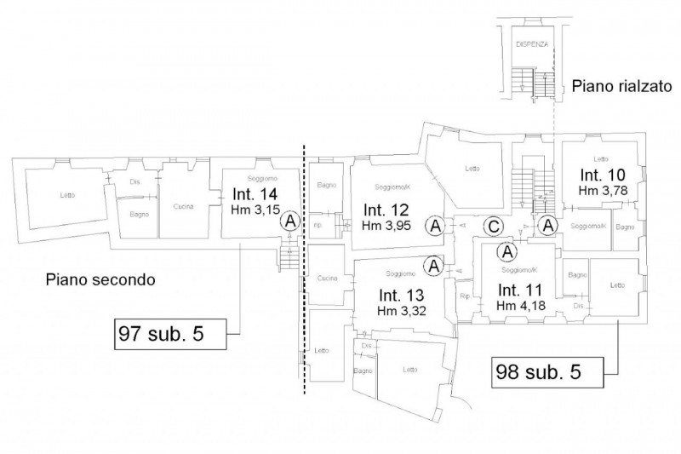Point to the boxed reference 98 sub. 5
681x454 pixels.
[548, 371]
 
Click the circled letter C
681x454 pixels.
[492, 226]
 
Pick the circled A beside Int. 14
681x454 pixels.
[291, 221]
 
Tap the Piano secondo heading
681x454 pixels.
[100, 279]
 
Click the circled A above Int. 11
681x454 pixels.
[508, 251]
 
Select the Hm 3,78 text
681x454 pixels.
[603, 190]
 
